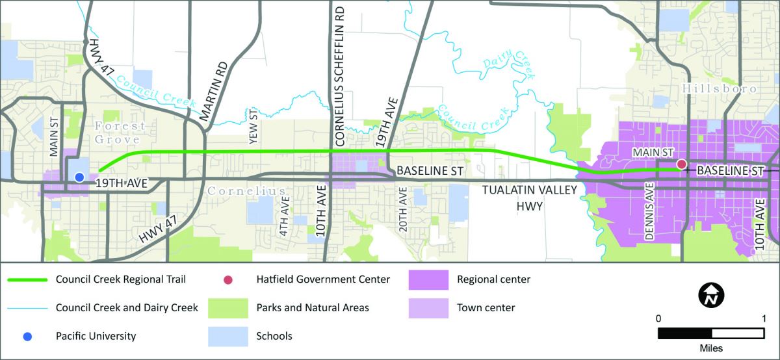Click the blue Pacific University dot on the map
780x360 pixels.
[x=79, y=177]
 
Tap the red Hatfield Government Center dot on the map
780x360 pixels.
[x=681, y=164]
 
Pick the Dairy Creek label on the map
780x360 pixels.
[x=509, y=64]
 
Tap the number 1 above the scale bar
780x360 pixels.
[x=763, y=318]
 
